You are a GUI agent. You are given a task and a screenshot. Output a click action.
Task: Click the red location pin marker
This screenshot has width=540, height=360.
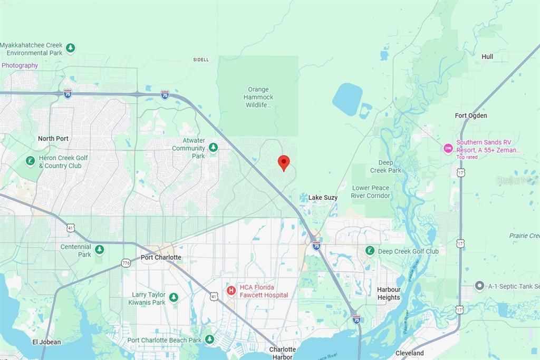284,162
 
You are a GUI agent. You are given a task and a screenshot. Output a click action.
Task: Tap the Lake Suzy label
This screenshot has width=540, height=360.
323,198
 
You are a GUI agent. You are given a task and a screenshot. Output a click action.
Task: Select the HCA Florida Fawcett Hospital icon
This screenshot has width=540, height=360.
231,290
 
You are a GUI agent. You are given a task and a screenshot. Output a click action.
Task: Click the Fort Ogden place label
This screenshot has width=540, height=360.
471,115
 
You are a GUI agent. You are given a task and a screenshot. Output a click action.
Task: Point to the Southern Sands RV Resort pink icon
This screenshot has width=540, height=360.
448,149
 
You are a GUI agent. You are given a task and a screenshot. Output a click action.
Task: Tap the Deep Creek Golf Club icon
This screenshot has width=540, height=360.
370,250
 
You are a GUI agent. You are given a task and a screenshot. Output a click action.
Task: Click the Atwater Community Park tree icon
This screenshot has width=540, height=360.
213,147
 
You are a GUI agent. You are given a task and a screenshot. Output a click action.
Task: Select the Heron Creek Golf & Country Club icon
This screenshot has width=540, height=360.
31,160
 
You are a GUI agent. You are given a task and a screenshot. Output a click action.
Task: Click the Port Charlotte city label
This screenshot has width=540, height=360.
161,258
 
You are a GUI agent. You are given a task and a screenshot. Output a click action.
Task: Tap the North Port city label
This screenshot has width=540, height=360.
53,139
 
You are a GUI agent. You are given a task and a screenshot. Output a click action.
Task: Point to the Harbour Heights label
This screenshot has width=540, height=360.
389,294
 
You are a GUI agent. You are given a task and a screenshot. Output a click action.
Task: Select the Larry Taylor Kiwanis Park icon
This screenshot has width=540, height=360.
173,298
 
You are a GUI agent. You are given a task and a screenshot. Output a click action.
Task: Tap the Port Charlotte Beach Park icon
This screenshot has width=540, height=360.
209,339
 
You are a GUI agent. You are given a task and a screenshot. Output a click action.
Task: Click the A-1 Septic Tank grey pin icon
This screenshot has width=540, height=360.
479,286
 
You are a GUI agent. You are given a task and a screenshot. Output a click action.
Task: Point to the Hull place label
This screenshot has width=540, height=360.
487,56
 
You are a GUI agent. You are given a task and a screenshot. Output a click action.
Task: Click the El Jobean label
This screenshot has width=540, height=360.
46,342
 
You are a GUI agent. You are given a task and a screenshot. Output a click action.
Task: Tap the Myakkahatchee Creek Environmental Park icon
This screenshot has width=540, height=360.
70,48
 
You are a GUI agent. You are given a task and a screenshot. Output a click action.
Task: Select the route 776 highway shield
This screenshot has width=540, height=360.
126,262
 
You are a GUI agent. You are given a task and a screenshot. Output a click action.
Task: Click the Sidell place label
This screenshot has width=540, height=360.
201,60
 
